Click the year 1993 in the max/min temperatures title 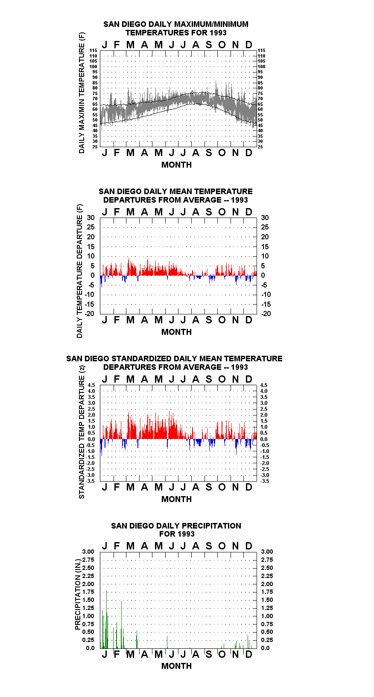click(218, 33)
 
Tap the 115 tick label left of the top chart click(93, 50)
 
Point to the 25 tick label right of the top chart click(260, 147)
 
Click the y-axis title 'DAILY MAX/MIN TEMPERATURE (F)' click(82, 93)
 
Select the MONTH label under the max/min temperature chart click(176, 165)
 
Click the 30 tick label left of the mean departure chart click(91, 218)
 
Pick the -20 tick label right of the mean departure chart click(266, 314)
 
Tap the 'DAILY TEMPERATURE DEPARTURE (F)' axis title click(80, 271)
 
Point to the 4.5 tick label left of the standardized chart click(91, 385)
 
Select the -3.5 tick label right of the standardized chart click(264, 481)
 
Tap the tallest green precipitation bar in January click(106, 619)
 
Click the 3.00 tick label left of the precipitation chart click(88, 552)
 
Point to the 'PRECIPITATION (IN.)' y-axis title click(78, 594)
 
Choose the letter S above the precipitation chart click(209, 546)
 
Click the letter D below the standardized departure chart click(248, 487)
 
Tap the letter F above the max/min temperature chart click(117, 45)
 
